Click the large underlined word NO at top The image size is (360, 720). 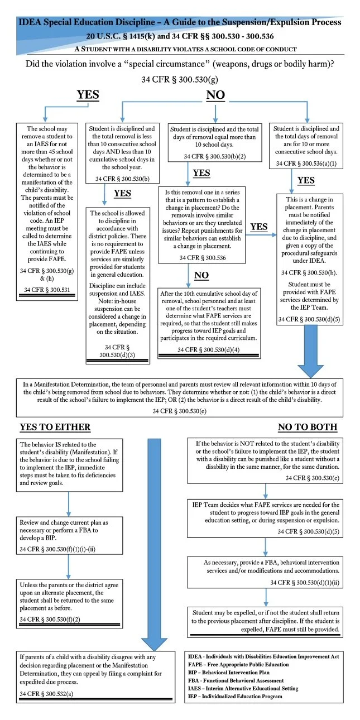pos(215,95)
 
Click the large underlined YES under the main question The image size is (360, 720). pos(88,95)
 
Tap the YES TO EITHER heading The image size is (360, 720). pos(55,427)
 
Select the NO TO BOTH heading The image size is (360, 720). pos(308,427)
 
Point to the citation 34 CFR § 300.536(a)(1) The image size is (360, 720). pos(306,164)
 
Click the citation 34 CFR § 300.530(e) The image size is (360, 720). pos(180,411)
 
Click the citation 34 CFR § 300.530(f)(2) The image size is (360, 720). pos(51,620)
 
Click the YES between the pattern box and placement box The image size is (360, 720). pos(259,227)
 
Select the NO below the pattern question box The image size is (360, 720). pos(201,275)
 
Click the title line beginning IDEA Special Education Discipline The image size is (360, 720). pos(180,23)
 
